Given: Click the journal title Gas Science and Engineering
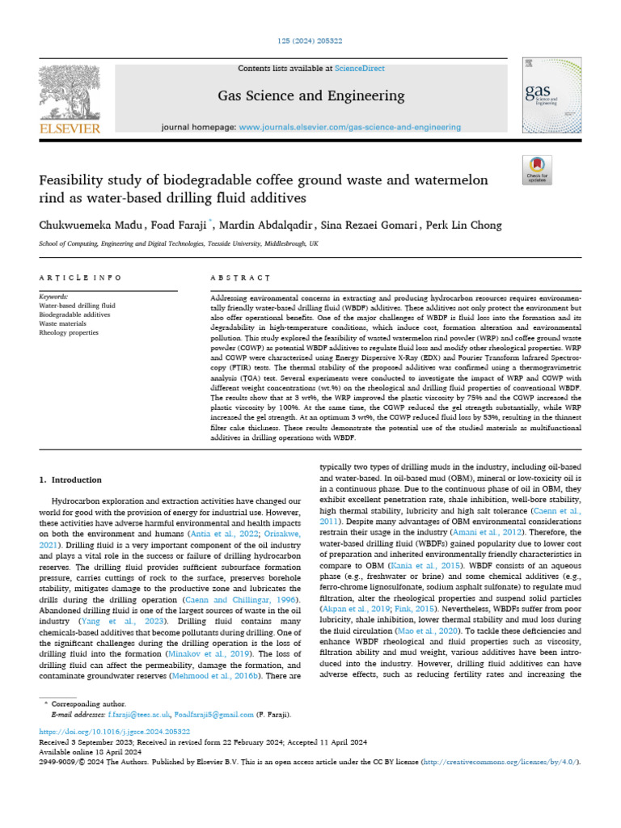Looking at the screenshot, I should (x=310, y=96).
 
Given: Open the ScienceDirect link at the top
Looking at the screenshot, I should (x=362, y=69).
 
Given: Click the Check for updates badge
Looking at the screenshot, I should (x=537, y=171).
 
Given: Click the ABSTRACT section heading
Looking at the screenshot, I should (x=239, y=277).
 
